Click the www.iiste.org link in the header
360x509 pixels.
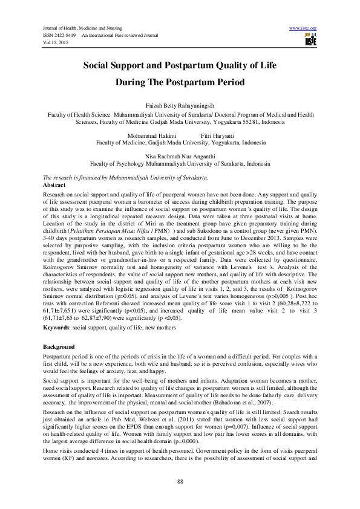[x=304, y=28]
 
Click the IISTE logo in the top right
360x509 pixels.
[x=311, y=39]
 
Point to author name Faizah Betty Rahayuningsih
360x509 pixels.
[x=180, y=105]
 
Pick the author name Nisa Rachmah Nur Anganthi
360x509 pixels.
[x=180, y=155]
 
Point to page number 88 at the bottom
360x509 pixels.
[x=180, y=481]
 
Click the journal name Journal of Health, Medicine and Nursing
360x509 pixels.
[x=80, y=28]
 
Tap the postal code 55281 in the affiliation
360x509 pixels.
[x=251, y=120]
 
